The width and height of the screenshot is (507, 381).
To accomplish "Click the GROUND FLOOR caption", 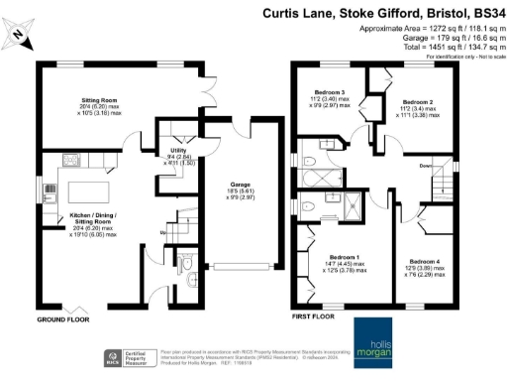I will [x=62, y=320].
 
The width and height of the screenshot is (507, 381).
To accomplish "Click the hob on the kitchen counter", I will [x=71, y=160].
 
